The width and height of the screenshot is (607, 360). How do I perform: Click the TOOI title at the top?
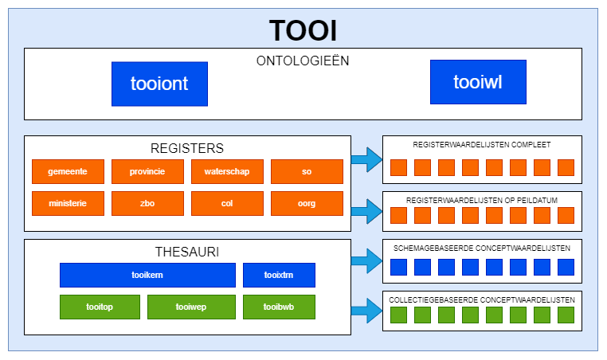(x=303, y=29)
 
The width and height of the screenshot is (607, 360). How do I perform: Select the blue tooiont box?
(x=159, y=84)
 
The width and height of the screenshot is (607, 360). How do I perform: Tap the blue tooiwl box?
(x=478, y=82)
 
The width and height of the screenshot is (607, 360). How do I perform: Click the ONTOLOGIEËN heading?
(x=303, y=61)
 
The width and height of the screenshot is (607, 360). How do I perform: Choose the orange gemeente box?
(x=68, y=171)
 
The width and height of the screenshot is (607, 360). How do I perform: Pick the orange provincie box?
(x=147, y=171)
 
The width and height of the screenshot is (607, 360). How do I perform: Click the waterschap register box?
(x=227, y=171)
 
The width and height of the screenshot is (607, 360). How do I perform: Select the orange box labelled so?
(x=307, y=171)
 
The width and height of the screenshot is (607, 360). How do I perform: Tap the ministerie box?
(x=68, y=203)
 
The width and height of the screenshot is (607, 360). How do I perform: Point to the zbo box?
(x=147, y=203)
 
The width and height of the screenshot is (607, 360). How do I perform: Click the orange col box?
(x=227, y=203)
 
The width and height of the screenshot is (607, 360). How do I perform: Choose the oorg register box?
(x=307, y=203)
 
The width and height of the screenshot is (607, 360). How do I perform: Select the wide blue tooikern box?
(x=147, y=275)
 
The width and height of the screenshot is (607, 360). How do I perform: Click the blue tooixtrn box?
(x=279, y=275)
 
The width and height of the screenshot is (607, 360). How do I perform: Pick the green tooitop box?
(x=100, y=307)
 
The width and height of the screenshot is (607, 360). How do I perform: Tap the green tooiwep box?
(x=191, y=307)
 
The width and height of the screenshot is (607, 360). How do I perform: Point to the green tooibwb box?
(x=279, y=307)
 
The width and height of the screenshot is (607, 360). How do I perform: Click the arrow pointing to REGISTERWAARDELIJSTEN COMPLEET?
(x=366, y=159)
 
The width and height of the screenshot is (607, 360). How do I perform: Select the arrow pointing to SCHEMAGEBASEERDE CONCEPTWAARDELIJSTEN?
(x=366, y=260)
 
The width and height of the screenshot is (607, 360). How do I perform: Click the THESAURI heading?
(x=187, y=252)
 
